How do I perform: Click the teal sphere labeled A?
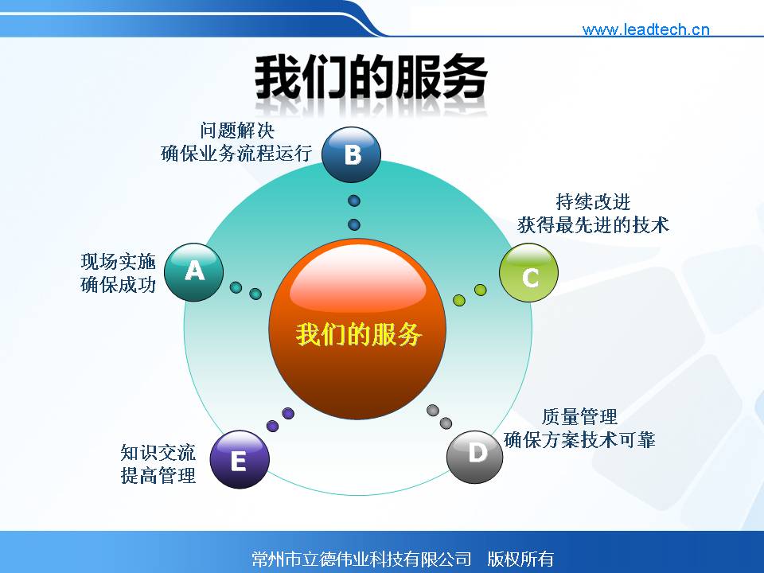point(194,272)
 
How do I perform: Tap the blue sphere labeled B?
point(351,154)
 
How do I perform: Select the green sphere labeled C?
point(528,273)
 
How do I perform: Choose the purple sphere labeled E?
point(240,459)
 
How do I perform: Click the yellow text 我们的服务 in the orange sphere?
point(358,335)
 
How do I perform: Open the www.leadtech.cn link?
point(645,29)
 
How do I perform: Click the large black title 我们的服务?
point(372,77)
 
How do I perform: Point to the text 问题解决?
point(237,131)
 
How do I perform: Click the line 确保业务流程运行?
point(236,153)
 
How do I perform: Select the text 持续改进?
point(594,201)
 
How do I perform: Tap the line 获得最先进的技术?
point(594,225)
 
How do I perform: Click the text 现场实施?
point(119,262)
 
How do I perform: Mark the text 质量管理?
point(579,417)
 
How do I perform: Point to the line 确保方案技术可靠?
point(579,440)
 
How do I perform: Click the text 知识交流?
point(158,453)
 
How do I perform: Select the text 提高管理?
point(158,476)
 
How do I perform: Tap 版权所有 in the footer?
point(520,559)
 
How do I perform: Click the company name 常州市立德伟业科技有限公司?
point(361,559)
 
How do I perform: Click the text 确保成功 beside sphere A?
point(119,285)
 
